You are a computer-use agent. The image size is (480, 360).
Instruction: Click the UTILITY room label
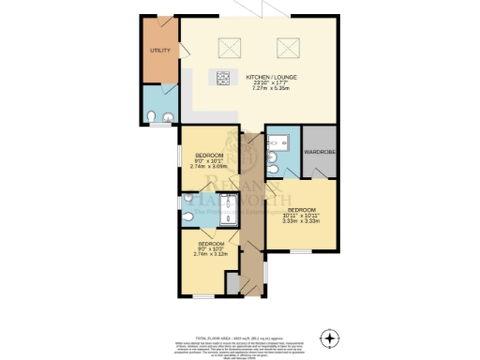(x=159, y=50)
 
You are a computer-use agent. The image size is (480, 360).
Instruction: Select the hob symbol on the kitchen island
(x=225, y=79)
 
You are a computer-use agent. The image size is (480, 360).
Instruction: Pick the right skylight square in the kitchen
(x=288, y=46)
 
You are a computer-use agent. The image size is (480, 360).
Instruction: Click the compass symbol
(x=329, y=337)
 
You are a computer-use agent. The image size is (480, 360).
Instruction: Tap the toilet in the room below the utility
(x=153, y=116)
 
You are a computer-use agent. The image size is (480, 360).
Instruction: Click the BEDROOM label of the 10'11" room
(x=304, y=209)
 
